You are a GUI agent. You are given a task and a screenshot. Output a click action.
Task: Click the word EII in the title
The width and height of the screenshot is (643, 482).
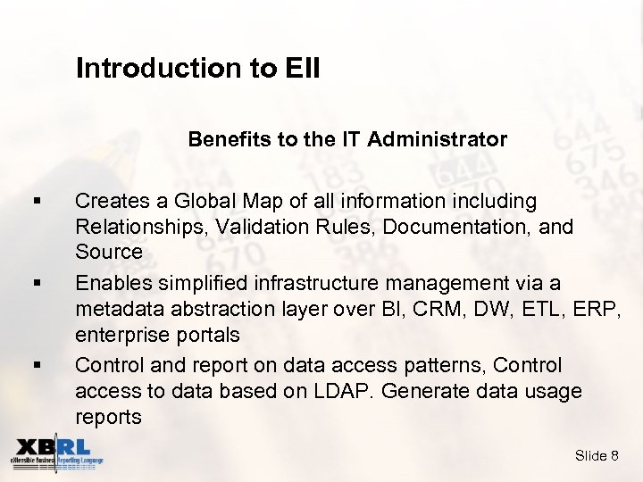coord(301,69)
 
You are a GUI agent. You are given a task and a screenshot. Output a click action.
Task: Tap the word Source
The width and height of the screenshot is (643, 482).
coord(109,252)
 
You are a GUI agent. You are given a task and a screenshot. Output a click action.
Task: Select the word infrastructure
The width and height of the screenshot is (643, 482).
coord(322,284)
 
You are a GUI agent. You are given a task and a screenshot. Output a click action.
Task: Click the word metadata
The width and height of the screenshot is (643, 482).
coord(116,309)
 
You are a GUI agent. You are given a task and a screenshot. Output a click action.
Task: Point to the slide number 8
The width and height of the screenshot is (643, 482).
coord(614,456)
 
